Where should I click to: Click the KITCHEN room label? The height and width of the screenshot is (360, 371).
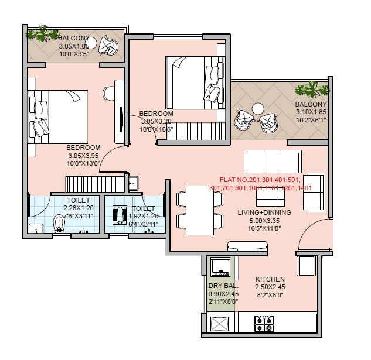[x=270, y=279]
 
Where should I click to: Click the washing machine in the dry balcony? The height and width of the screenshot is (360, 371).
[x=220, y=266]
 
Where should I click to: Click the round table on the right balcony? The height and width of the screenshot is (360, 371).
[x=257, y=109]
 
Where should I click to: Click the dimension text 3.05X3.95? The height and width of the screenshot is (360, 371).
[x=83, y=156]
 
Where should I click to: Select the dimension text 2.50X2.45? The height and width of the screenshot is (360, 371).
[x=270, y=287]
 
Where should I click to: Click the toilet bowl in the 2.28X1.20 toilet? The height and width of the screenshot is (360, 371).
[x=59, y=223]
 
